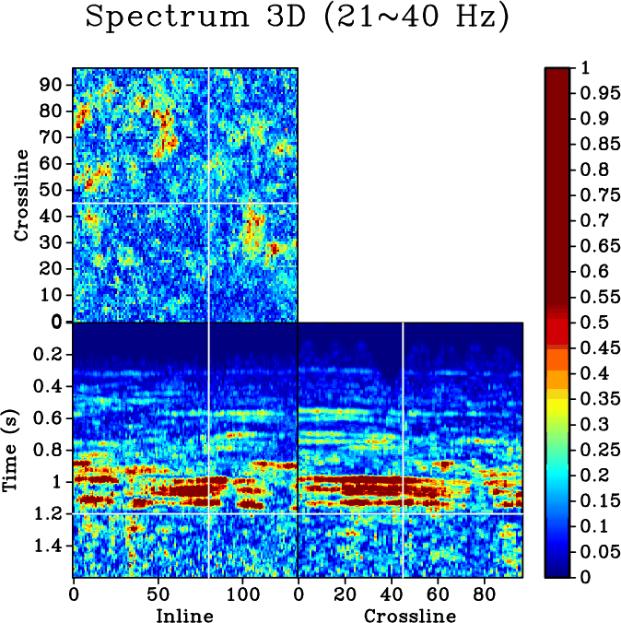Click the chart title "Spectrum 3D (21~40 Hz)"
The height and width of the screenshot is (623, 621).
297,18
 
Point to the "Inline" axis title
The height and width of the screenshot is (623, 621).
184,614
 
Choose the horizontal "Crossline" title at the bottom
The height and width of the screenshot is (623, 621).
409,614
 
